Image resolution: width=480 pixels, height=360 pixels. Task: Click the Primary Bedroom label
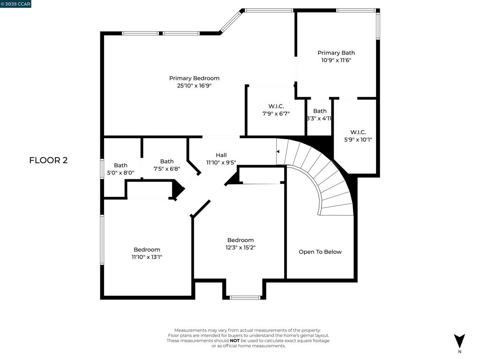tap(194, 78)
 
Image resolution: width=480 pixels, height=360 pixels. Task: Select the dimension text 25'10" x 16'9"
tap(194, 86)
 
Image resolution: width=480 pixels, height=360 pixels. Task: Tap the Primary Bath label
tap(336, 53)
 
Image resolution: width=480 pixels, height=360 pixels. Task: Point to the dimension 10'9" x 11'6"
tap(336, 60)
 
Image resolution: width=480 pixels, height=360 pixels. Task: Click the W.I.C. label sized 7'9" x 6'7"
tap(276, 106)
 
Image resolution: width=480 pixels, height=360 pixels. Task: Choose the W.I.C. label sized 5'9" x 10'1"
tap(358, 132)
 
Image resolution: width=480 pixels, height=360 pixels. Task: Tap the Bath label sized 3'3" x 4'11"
tap(320, 111)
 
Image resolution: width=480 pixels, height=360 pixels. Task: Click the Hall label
tap(221, 155)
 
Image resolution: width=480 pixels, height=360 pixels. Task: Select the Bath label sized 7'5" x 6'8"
tap(167, 161)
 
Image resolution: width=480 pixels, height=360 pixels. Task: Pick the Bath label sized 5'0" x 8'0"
tap(120, 165)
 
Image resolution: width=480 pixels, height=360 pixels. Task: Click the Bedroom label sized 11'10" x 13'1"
tap(147, 249)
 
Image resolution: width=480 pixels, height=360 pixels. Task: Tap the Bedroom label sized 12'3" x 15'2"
tap(240, 240)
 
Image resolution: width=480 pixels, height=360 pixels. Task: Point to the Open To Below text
tap(320, 252)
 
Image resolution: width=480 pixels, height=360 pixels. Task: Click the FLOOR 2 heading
tap(48, 160)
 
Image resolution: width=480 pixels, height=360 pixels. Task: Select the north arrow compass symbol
tap(459, 340)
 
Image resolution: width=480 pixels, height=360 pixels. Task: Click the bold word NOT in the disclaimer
tap(234, 341)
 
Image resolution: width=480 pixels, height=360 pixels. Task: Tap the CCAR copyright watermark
tap(15, 4)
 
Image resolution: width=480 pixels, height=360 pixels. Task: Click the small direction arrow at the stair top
tap(278, 151)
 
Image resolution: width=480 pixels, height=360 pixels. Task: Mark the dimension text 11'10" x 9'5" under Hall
tap(221, 163)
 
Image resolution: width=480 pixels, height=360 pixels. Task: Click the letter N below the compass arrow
tap(459, 352)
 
